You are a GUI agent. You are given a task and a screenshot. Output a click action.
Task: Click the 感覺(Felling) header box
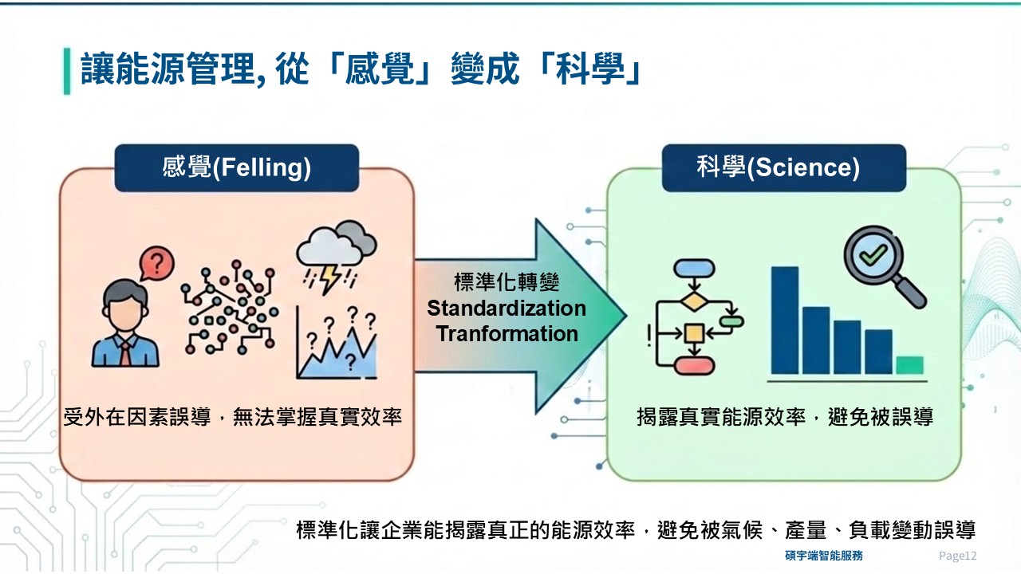tap(236, 168)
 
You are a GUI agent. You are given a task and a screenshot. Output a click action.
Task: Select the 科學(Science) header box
tap(783, 168)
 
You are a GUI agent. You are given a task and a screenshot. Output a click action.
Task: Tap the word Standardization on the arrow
tap(507, 309)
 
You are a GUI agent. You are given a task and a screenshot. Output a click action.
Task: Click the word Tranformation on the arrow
tap(507, 334)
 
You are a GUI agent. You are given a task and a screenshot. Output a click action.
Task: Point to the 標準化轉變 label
tap(507, 282)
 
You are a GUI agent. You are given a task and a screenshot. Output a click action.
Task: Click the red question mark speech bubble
tap(157, 263)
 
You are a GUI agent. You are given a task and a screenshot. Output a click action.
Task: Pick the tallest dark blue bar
tap(784, 320)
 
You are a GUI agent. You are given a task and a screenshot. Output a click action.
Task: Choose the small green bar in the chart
tap(909, 365)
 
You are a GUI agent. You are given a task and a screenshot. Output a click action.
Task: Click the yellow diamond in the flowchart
tap(694, 302)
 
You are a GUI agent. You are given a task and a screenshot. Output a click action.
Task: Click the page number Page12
tap(957, 556)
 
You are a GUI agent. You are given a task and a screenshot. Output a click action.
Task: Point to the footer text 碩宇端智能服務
tap(823, 556)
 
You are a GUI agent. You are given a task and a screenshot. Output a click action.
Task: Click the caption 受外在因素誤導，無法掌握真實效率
tap(232, 416)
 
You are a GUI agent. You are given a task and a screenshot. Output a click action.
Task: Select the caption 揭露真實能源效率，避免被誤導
tap(784, 416)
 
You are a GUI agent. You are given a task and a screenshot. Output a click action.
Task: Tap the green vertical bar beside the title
tap(67, 71)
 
